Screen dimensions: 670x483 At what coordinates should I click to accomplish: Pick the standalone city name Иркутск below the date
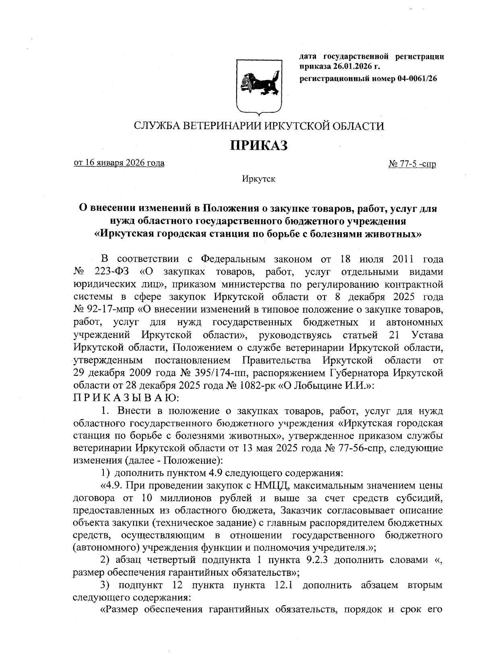pyautogui.click(x=258, y=179)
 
